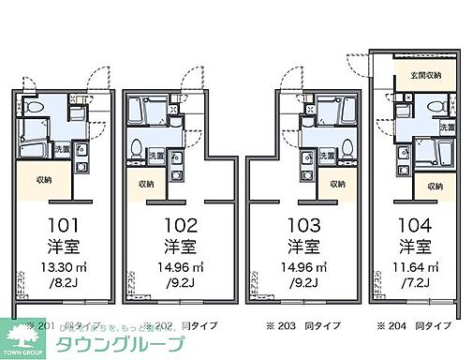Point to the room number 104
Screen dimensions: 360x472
tap(414, 226)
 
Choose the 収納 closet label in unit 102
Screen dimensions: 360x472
tap(146, 185)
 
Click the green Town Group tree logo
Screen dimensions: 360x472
tap(22, 335)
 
